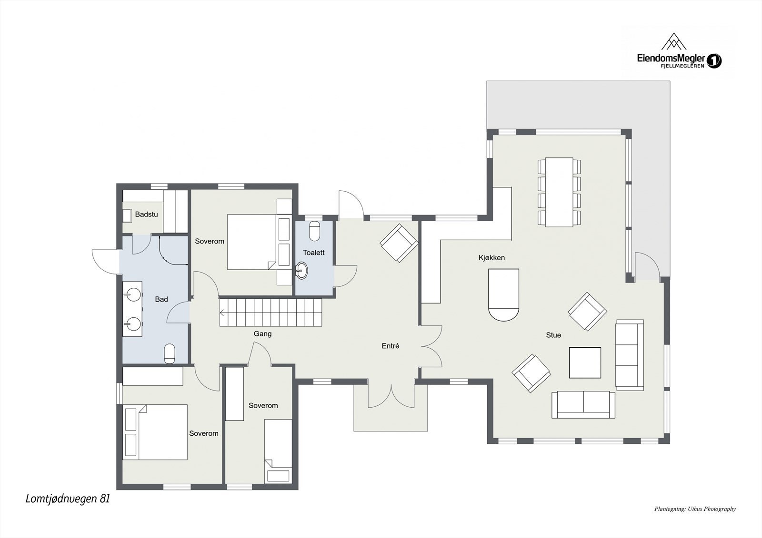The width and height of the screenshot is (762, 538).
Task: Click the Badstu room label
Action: tap(146, 215)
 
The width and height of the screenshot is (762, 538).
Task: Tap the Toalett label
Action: tap(314, 253)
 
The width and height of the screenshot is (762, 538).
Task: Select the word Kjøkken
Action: tap(491, 258)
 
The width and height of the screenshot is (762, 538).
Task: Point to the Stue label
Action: tap(553, 335)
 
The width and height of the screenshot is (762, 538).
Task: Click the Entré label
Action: tap(390, 346)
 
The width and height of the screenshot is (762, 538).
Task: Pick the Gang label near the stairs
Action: tap(262, 334)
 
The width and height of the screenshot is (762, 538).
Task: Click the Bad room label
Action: tap(161, 299)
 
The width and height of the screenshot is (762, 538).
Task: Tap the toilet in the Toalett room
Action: tap(314, 231)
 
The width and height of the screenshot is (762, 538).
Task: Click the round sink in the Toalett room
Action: tap(301, 271)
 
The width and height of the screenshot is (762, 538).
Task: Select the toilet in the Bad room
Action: tap(170, 353)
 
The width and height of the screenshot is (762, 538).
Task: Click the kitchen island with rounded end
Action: tap(504, 295)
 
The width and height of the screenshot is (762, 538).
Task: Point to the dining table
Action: tap(559, 192)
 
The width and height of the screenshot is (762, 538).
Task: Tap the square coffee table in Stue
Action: tap(585, 362)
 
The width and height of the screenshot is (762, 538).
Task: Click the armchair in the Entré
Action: tap(399, 243)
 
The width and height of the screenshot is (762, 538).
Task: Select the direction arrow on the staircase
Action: tap(222, 313)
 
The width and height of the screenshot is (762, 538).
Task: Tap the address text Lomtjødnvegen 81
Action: tap(68, 499)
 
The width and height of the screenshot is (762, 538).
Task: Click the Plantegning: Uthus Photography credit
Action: tap(695, 518)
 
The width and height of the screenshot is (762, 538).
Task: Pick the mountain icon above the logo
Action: tap(674, 41)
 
